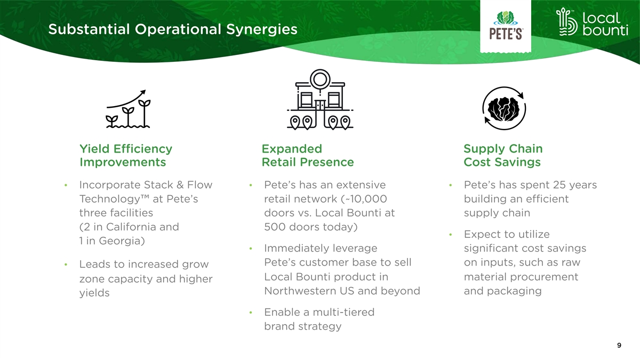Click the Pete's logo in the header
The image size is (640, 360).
pos(506,25)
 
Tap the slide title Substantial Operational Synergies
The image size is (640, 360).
pos(173,29)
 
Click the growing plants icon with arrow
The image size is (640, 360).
pos(129,109)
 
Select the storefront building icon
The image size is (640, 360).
pos(320,99)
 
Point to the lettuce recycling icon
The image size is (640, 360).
pos(505,108)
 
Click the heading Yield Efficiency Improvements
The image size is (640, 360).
pos(126,155)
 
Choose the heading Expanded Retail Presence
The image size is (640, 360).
pos(308,155)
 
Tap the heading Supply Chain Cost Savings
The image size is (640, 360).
pos(503,155)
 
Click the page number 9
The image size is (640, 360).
pos(619,345)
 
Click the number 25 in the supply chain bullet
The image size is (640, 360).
pos(559,185)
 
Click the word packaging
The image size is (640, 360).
pos(514,291)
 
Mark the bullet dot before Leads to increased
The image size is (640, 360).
pos(66,265)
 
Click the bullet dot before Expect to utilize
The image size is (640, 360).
pos(451,235)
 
